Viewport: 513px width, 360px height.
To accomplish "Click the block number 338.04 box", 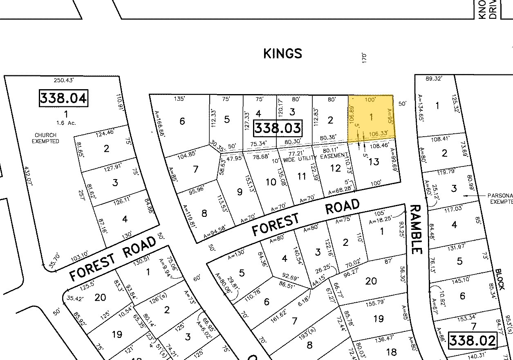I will point(63,99).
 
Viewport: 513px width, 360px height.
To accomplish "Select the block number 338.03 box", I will point(278,128).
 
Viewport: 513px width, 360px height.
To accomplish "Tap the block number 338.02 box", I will point(473,340).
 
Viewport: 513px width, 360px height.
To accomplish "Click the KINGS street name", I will point(283,54).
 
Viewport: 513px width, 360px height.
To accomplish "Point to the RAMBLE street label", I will point(415,229).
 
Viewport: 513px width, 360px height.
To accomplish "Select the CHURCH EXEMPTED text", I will point(47,138).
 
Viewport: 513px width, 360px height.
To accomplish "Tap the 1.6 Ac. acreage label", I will point(64,123).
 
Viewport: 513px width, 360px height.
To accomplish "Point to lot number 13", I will point(374,162).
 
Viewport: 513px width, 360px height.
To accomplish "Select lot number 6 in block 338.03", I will point(182,121).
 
